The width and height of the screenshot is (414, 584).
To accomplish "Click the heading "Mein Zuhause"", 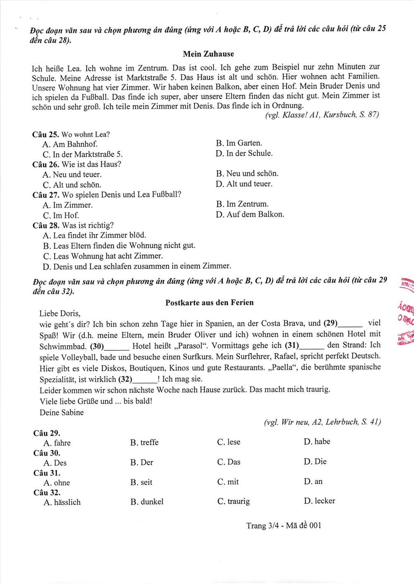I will coord(208,54).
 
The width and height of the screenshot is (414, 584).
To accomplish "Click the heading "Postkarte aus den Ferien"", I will coord(209,302).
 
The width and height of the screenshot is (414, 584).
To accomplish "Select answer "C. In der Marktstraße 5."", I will coord(83,154).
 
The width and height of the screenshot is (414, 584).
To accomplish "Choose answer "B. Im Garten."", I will coord(239,143).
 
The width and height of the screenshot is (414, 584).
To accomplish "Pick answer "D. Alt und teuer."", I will coord(244,184).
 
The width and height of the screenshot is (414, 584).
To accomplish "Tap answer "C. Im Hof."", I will coord(61,215).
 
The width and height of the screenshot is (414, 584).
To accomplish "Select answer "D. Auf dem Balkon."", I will coord(250,215).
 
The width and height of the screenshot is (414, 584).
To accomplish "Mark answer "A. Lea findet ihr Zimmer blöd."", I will coord(94,235).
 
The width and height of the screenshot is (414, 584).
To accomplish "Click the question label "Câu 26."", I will coord(46,164).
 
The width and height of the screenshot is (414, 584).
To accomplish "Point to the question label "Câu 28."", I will coord(46,225).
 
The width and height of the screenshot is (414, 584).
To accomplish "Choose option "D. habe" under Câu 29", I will coord(317,442).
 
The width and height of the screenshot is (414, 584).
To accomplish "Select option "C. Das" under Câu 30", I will coord(229,462).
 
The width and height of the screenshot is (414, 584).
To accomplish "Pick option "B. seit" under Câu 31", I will coord(141,482).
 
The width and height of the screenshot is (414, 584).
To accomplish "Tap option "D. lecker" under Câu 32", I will coord(319,501).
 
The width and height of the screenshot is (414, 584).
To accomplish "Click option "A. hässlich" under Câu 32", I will coord(62,502).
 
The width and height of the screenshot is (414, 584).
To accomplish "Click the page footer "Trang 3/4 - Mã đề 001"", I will coord(284,526).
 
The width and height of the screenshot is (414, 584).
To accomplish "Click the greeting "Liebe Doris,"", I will coord(60,313).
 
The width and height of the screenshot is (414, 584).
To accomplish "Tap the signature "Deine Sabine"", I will coord(62,413).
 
